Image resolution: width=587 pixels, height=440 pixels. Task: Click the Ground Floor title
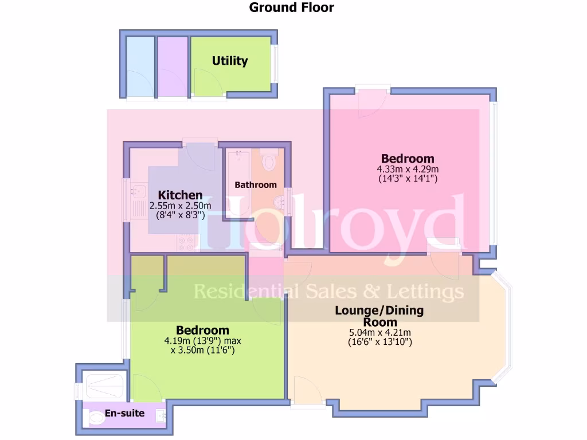(x=291, y=7)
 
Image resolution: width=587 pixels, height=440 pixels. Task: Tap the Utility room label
(x=230, y=61)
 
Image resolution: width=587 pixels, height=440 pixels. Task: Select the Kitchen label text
(x=180, y=195)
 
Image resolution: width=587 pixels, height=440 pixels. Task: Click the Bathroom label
(x=256, y=184)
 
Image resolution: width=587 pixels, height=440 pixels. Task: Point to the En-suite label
(x=124, y=413)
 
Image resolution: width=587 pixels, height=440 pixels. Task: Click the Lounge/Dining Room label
(x=379, y=316)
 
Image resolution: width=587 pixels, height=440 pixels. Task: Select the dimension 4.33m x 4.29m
(x=408, y=169)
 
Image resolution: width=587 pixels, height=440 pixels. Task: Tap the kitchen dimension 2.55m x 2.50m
(x=180, y=206)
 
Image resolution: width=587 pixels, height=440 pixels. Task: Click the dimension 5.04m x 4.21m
(x=379, y=332)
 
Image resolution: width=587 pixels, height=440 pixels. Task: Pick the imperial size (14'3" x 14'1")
(x=408, y=179)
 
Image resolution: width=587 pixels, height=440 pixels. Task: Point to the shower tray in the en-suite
(x=104, y=387)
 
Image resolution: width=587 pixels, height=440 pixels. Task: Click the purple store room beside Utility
(x=171, y=66)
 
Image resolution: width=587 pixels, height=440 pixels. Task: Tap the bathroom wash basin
(x=280, y=202)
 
